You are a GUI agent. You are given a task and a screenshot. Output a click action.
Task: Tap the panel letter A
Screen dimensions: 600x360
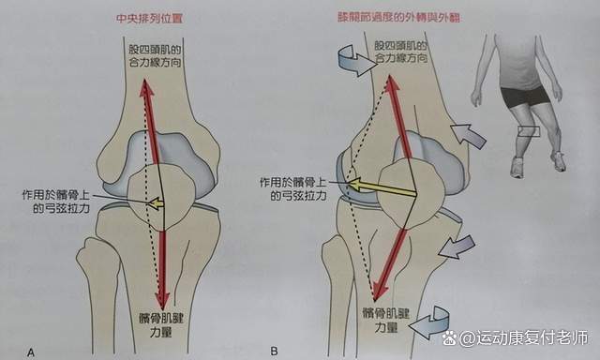click(x=32, y=352)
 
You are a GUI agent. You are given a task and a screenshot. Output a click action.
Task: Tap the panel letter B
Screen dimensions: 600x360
click(x=274, y=352)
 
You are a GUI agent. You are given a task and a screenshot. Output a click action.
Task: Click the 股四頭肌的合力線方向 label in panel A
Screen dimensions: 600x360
click(x=157, y=56)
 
